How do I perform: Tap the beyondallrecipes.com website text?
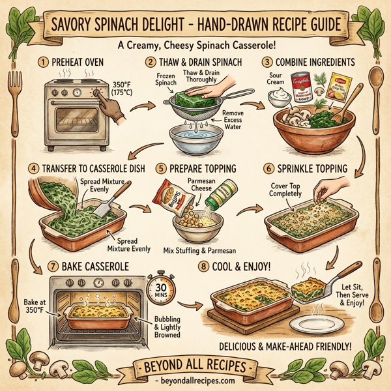195,379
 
